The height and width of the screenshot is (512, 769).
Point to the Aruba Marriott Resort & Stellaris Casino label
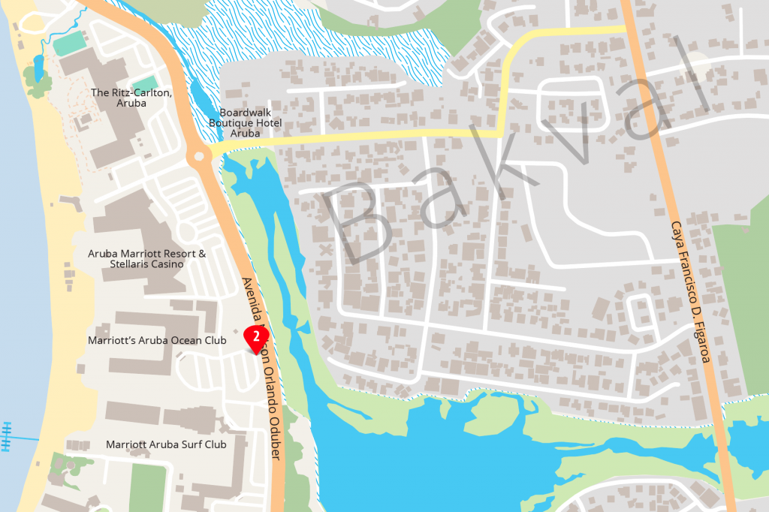(x=146, y=259)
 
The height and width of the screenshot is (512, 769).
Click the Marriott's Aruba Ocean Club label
(x=157, y=340)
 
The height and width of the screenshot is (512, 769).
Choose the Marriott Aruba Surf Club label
(x=166, y=444)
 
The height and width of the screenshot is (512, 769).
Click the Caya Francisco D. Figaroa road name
(x=689, y=292)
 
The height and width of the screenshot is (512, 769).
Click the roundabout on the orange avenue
(x=199, y=158)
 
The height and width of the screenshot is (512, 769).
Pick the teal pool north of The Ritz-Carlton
(x=69, y=45)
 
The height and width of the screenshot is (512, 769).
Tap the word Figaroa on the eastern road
(x=699, y=339)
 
